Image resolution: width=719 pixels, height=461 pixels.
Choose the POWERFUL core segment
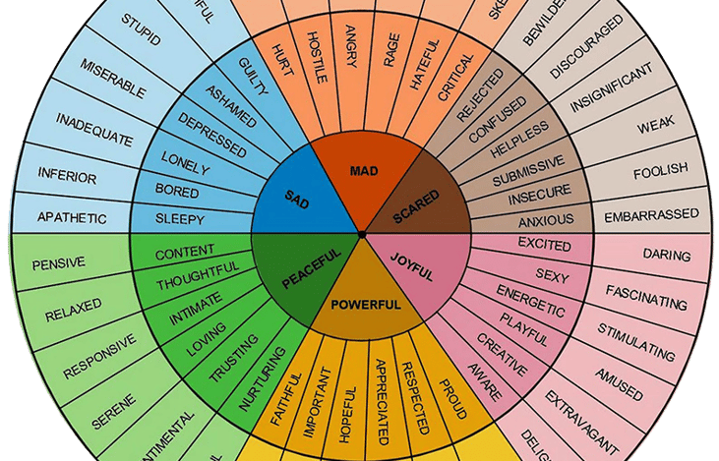365,303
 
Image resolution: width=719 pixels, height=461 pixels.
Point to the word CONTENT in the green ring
185,252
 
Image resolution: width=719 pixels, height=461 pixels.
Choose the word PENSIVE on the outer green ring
58,262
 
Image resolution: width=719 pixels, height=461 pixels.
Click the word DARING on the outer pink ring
666,255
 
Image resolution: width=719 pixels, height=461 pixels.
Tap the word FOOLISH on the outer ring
660,169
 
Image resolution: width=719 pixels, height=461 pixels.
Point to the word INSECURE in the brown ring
539,198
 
